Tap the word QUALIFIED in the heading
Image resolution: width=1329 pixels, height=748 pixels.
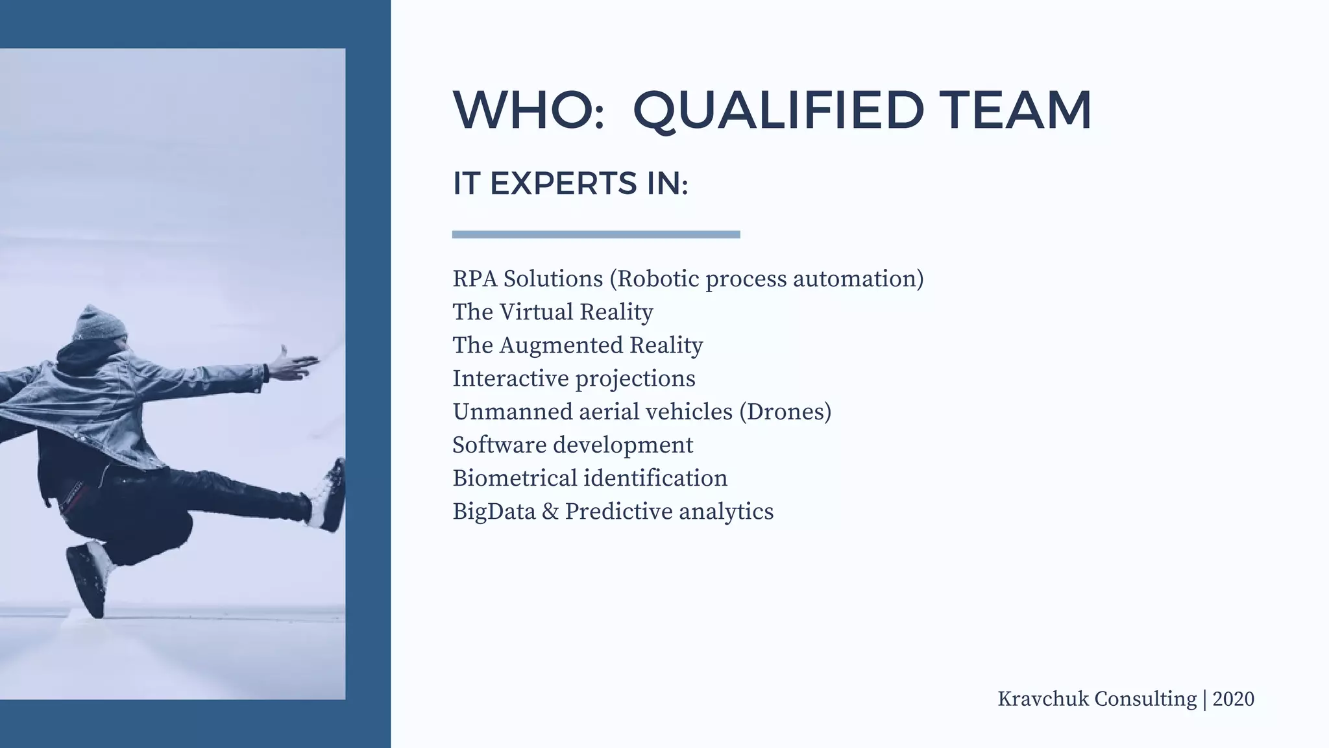point(778,110)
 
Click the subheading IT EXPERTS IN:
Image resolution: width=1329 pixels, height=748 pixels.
point(570,184)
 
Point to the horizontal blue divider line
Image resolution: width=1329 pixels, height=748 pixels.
point(596,234)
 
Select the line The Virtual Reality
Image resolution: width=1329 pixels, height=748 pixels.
point(552,312)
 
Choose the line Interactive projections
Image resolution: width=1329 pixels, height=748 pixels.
point(574,379)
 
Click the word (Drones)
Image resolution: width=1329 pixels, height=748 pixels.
point(785,412)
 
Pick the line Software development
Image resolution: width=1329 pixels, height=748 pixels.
point(572,445)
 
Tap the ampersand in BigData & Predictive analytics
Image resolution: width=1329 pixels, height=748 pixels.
point(550,512)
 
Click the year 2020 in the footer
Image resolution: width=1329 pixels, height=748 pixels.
point(1233,699)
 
